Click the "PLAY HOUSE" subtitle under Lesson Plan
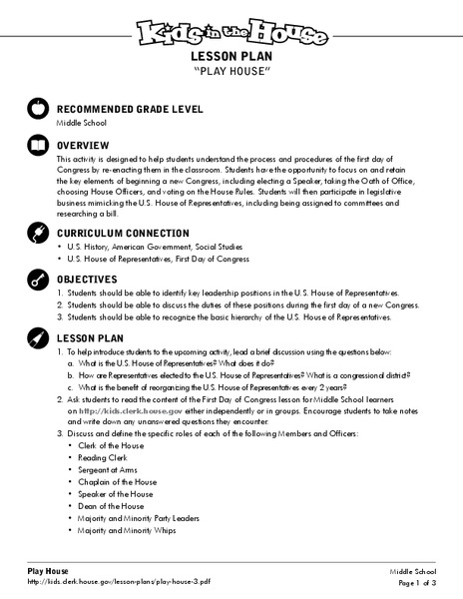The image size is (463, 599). (231, 72)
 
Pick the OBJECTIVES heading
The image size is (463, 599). (95, 279)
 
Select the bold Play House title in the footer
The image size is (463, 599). (48, 569)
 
